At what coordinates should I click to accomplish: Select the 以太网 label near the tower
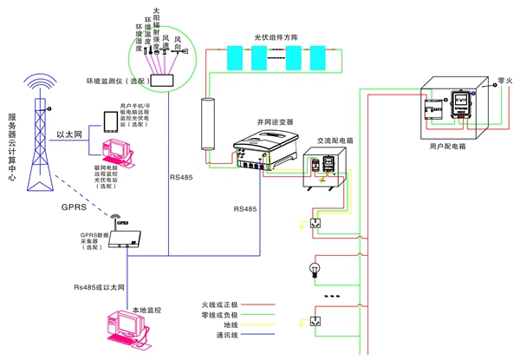[68, 134]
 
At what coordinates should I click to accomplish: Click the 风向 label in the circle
[178, 39]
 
